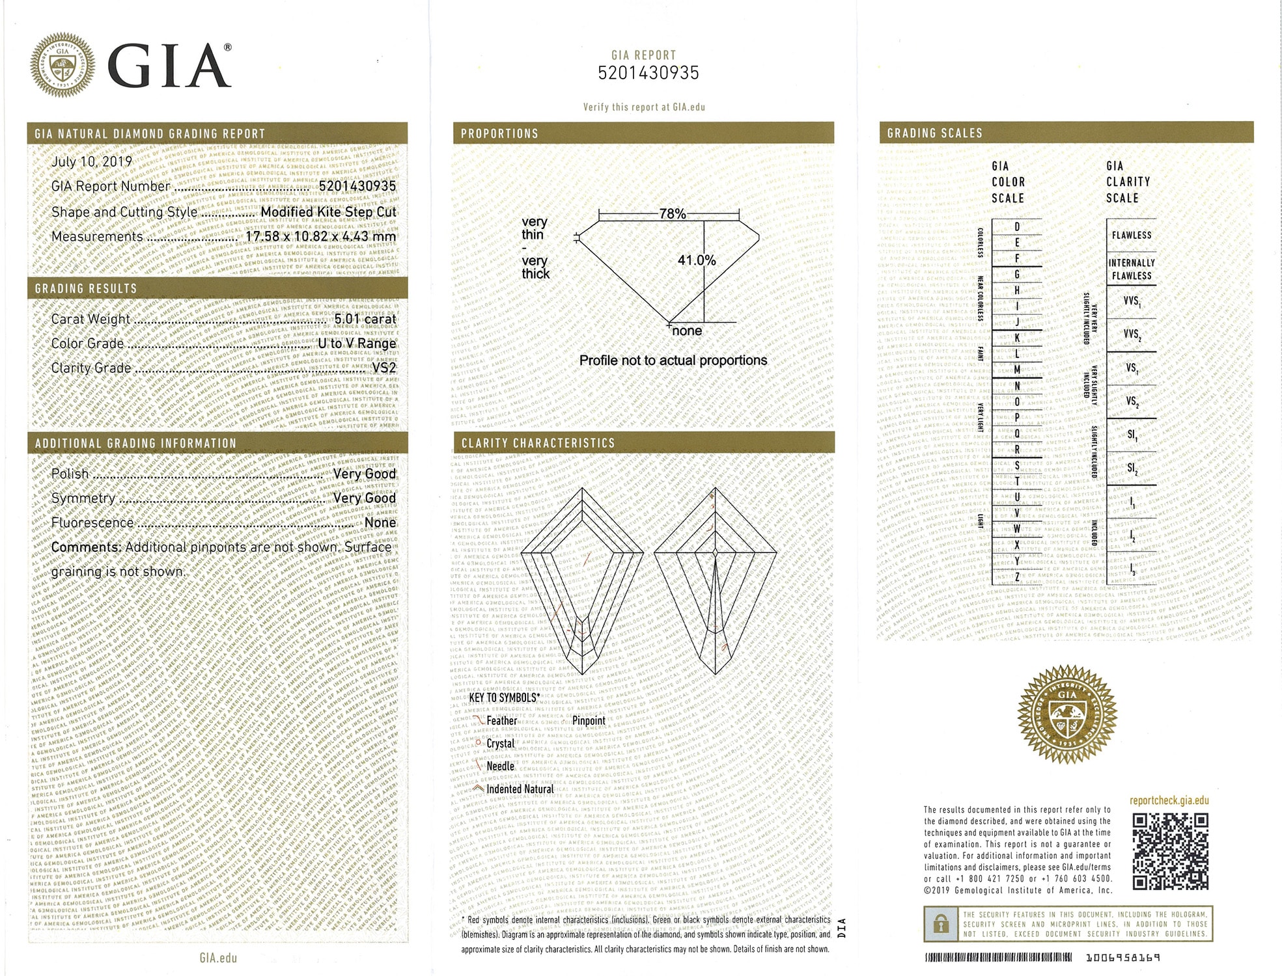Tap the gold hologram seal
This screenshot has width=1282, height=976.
coord(1066,714)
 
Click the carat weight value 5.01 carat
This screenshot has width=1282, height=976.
coord(365,319)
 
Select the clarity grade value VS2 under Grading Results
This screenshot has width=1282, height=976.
coord(384,368)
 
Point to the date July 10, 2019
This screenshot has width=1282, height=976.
coord(92,161)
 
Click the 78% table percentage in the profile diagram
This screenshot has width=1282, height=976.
coord(672,213)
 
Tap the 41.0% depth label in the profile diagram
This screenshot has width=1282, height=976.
coord(696,260)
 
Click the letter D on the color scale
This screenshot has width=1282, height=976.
coord(1017,227)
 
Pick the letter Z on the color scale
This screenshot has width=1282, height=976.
coord(1017,576)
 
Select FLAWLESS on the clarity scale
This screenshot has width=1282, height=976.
coord(1131,235)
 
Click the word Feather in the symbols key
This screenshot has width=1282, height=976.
coord(501,720)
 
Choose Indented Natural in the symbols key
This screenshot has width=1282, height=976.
coord(520,789)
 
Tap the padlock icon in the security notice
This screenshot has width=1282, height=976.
coord(940,924)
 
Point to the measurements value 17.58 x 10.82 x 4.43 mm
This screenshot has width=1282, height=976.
coord(320,236)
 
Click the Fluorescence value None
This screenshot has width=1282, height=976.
coord(380,522)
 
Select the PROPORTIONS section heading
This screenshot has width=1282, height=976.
coord(499,133)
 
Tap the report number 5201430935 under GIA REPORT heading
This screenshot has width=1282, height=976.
coord(648,73)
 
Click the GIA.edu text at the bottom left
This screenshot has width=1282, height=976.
coord(218,958)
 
